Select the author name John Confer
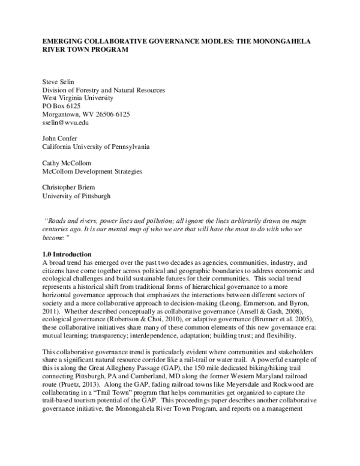(x=59, y=138)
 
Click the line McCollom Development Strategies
(x=92, y=171)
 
